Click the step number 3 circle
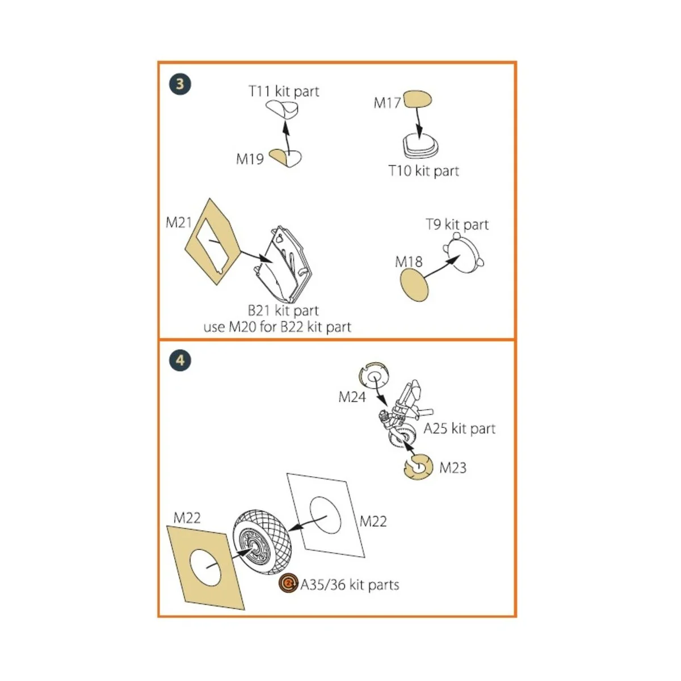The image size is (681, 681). [x=180, y=85]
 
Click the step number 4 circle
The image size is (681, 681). [x=180, y=360]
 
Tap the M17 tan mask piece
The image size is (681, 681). [x=417, y=99]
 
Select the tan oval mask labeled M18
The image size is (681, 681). [x=414, y=285]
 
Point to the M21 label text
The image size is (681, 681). [x=179, y=222]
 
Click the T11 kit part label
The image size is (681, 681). [x=284, y=91]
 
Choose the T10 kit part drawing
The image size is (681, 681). [x=421, y=145]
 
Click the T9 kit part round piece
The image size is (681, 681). [x=463, y=253]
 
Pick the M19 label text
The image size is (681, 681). [x=250, y=159]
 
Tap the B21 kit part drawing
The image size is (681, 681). [x=283, y=264]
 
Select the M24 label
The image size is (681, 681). [x=352, y=397]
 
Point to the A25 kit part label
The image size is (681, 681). [x=460, y=428]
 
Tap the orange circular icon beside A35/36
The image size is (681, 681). [x=288, y=583]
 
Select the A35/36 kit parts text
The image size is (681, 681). [x=350, y=585]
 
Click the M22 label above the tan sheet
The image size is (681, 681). [x=187, y=518]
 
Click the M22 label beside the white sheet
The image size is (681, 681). [x=373, y=522]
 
